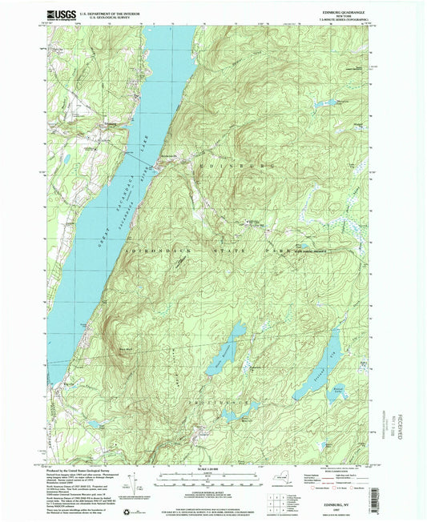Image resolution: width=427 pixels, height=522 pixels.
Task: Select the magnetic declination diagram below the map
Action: click(146, 484)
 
